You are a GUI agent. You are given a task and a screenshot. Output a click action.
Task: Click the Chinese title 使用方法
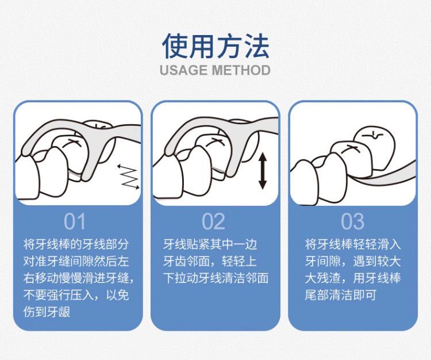click(215, 46)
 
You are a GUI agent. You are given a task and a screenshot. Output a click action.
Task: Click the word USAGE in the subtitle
click(184, 70)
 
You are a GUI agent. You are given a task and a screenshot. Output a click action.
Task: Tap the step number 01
click(75, 221)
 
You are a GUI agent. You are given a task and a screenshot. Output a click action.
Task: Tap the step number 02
click(213, 221)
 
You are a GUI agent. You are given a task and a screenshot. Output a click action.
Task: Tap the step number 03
click(353, 221)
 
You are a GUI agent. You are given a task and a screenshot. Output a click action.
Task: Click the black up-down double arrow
click(263, 171)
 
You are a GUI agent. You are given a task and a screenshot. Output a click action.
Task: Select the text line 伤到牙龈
click(47, 312)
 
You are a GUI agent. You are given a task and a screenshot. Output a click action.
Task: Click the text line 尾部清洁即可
click(340, 295)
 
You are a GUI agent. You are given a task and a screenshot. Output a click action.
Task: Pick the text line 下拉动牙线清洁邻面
click(215, 278)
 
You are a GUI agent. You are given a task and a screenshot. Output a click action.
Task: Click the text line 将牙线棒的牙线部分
click(76, 244)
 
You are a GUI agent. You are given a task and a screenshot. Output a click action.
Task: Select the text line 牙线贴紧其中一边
click(210, 244)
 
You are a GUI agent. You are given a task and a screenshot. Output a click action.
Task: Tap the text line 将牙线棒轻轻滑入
click(353, 244)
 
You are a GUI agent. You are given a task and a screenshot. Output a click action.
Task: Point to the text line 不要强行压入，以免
click(76, 295)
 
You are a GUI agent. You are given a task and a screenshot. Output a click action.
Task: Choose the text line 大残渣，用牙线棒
click(353, 278)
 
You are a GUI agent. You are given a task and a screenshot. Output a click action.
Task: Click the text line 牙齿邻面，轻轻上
click(210, 261)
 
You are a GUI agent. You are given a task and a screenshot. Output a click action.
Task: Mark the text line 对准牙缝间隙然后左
click(76, 261)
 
